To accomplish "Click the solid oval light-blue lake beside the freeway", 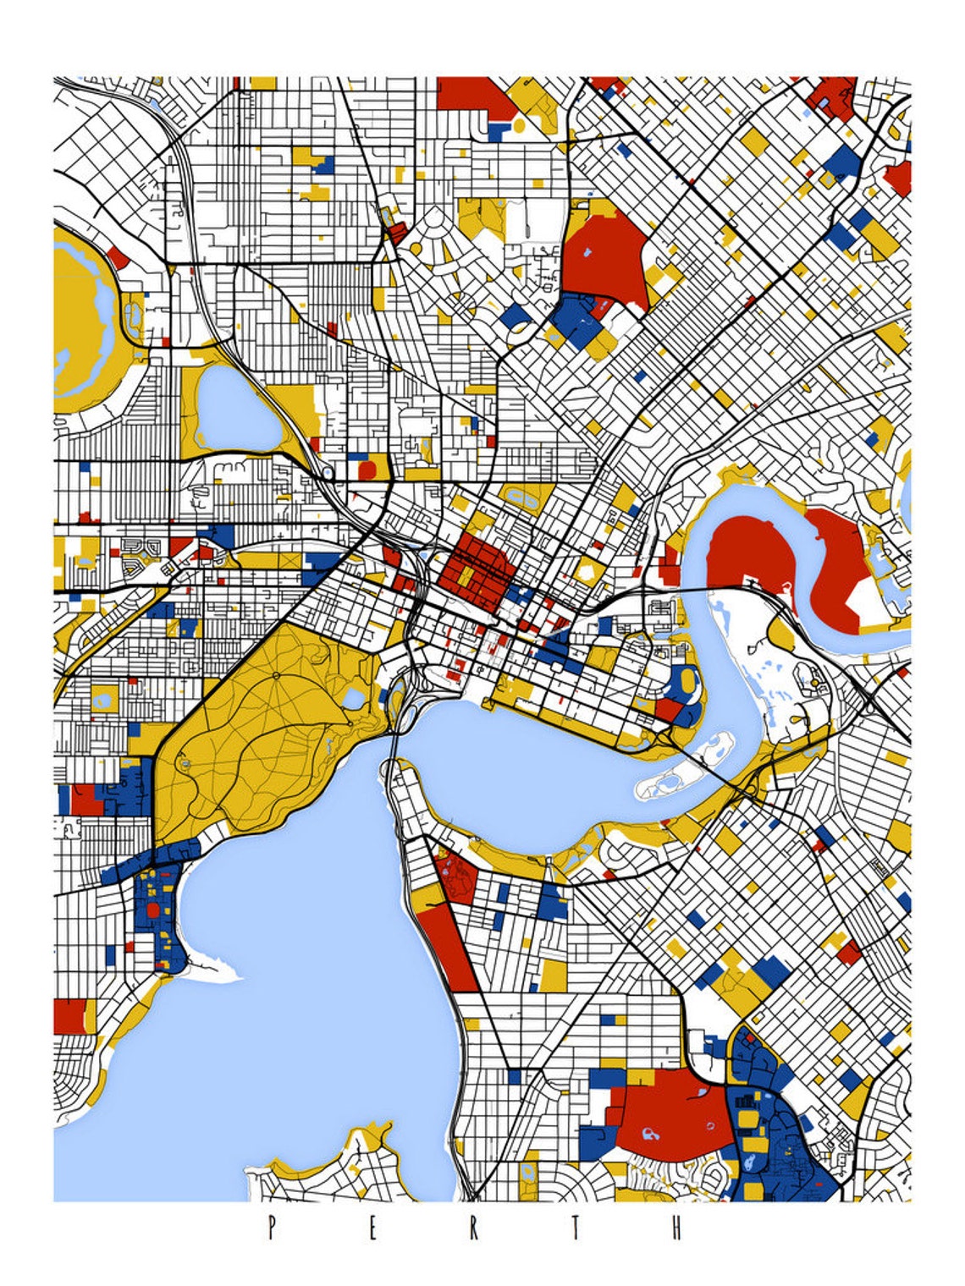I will point(237,410).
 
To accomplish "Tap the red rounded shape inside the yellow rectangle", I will point(367,470).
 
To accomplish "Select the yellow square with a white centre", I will point(105,699).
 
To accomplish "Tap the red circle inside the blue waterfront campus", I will point(153,910).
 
